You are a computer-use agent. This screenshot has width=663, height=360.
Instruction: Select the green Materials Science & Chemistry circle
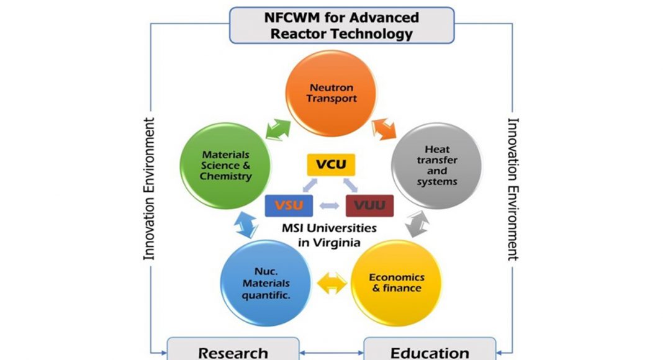point(226,165)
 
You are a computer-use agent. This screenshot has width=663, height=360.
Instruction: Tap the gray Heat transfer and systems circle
point(437,165)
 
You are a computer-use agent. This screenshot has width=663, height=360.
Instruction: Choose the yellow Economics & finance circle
point(396,282)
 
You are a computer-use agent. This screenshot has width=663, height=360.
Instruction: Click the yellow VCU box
point(330,165)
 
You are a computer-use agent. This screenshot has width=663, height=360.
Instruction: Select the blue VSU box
point(289,205)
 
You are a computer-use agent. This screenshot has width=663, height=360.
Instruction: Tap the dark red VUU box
point(369,205)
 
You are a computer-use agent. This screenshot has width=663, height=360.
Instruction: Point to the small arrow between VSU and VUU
point(330,205)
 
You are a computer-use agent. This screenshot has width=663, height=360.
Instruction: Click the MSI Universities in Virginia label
point(328,235)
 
